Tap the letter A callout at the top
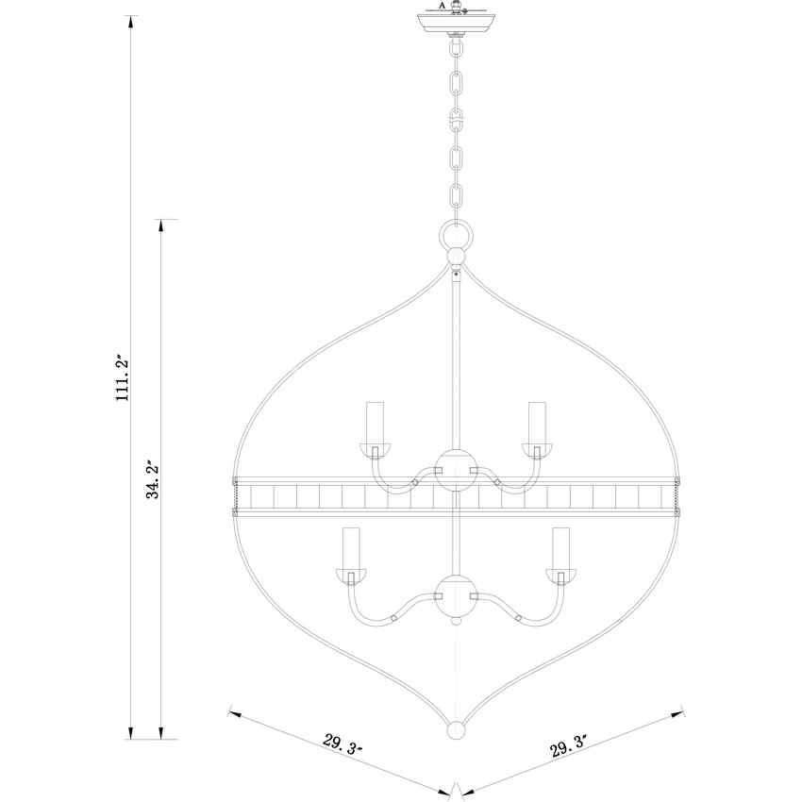click(443, 6)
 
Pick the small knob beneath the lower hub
click(457, 623)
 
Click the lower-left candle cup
click(352, 576)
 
